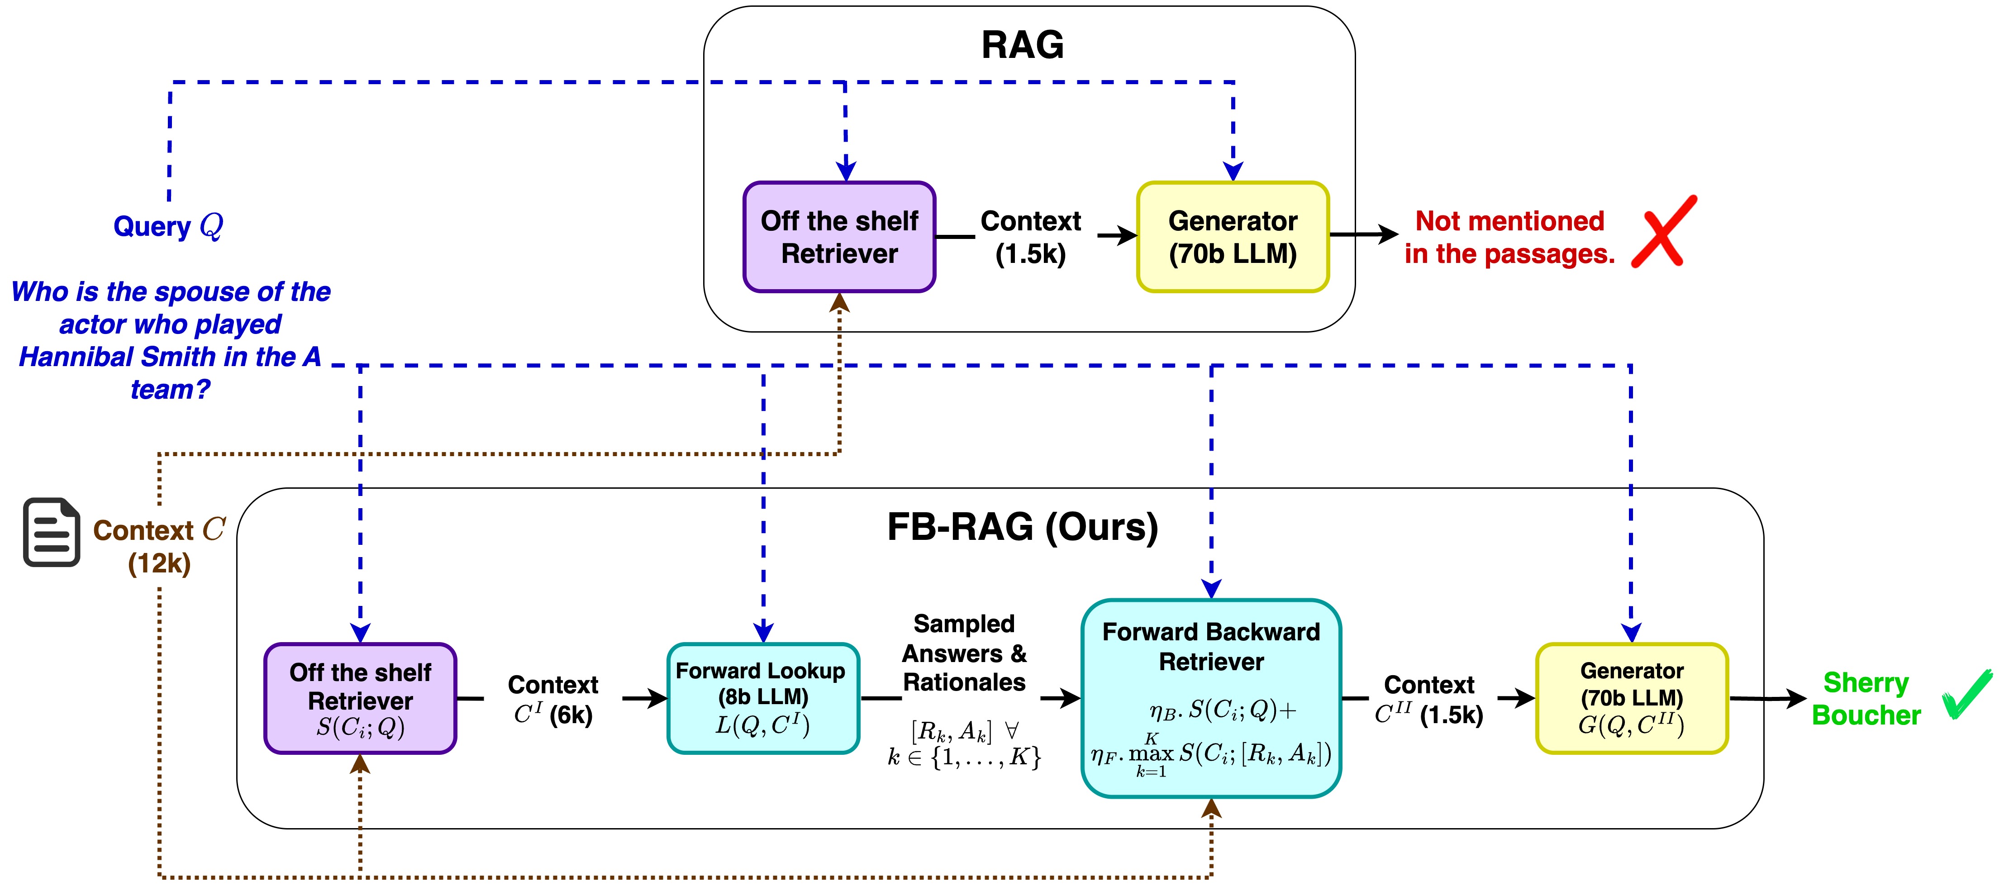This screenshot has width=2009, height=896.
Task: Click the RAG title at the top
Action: [1022, 45]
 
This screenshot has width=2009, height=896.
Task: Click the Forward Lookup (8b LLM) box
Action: [763, 698]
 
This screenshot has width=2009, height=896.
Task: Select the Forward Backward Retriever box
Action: [1210, 698]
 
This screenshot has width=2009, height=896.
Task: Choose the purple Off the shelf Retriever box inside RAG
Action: [839, 237]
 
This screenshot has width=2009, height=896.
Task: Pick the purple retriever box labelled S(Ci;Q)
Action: [360, 698]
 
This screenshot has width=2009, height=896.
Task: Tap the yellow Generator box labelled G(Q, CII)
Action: [1632, 698]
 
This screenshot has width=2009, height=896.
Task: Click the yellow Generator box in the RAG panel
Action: [1232, 237]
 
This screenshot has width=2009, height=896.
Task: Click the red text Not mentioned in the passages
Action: [1509, 237]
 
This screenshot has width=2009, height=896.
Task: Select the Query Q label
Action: [168, 226]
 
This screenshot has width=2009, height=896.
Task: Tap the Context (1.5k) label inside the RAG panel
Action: [1030, 237]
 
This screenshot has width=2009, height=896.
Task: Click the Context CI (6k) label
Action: [553, 700]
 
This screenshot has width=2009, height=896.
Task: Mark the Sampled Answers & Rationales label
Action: [964, 653]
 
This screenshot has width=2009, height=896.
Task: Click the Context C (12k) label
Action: [159, 546]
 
